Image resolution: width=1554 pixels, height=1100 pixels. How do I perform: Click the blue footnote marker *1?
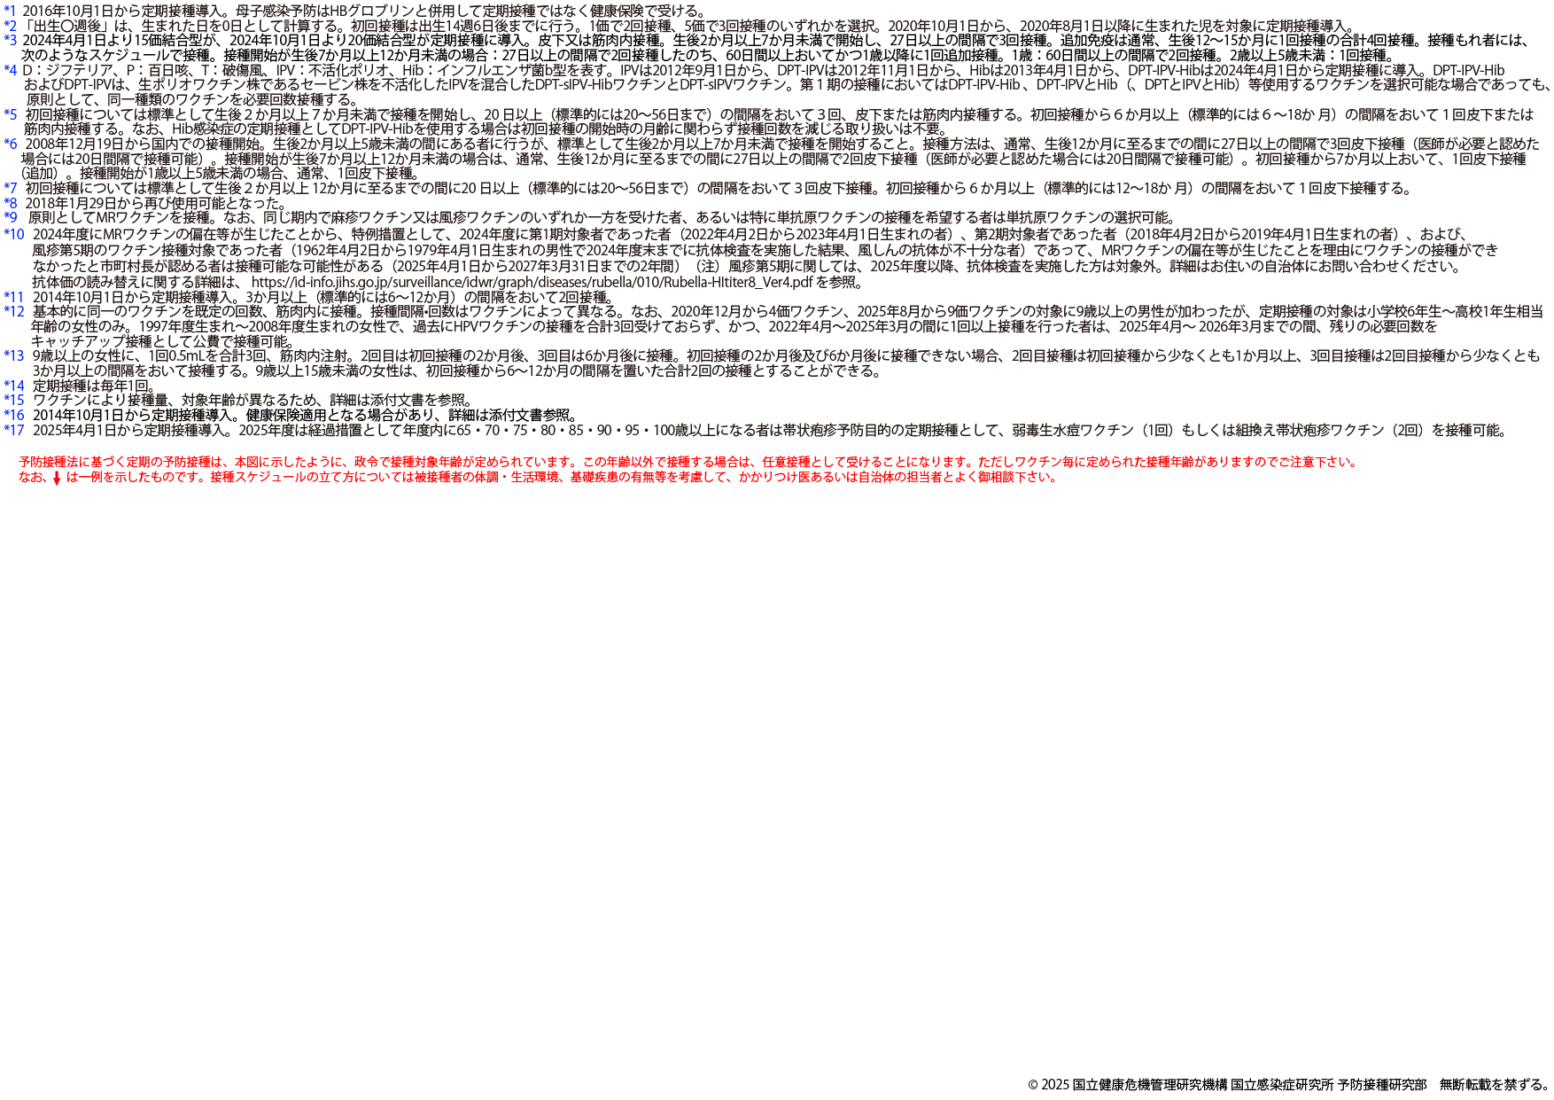(x=10, y=11)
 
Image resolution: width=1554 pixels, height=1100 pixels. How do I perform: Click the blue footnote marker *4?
(x=10, y=69)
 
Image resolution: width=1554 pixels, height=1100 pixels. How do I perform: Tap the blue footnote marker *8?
(x=10, y=203)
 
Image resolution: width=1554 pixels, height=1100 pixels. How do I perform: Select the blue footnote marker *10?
(x=13, y=234)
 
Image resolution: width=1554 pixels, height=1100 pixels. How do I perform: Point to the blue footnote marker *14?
(x=13, y=386)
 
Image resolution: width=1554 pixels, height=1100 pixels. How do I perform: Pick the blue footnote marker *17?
(x=13, y=430)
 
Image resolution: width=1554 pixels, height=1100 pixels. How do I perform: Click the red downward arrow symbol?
(x=57, y=479)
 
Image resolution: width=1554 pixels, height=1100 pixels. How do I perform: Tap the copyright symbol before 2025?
(x=1032, y=1085)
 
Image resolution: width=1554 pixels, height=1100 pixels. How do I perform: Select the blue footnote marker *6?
(x=10, y=144)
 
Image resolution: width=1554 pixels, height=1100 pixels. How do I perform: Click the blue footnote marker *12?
(x=13, y=311)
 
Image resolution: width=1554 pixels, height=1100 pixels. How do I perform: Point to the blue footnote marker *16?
(x=13, y=415)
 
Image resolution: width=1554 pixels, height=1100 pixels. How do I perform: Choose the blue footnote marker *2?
(x=10, y=25)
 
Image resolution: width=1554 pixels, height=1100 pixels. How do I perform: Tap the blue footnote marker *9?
(x=10, y=217)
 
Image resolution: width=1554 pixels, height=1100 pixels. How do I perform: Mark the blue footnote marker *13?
(x=13, y=355)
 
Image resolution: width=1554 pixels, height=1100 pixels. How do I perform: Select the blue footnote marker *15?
(x=13, y=401)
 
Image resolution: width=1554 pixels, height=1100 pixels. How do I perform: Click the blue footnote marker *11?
(x=13, y=297)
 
